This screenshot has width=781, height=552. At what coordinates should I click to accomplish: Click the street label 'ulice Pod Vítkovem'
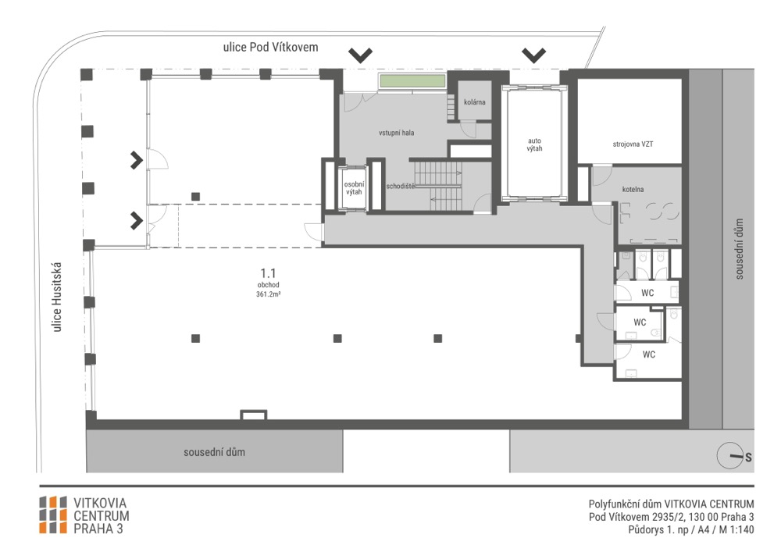(270, 48)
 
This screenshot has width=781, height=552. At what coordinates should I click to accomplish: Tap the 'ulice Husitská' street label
(57, 297)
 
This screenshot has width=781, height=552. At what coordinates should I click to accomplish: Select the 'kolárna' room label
(474, 102)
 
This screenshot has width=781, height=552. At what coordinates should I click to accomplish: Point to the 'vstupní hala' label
(396, 133)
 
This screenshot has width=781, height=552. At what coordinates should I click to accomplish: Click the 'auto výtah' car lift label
(534, 144)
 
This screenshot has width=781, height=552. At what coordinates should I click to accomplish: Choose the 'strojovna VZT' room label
(633, 144)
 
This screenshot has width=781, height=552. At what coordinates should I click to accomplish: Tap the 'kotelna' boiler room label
(633, 189)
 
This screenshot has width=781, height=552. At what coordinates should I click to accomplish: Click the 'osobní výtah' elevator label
(354, 188)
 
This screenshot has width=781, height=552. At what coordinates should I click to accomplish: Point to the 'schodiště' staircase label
(401, 186)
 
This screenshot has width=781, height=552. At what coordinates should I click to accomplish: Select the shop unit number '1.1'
(268, 273)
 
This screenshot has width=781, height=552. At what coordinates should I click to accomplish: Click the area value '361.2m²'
(268, 294)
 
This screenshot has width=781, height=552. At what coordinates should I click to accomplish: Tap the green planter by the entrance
(412, 80)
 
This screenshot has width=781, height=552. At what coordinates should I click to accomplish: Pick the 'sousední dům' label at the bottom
(214, 452)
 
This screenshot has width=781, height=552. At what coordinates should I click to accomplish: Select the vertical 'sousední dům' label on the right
(739, 249)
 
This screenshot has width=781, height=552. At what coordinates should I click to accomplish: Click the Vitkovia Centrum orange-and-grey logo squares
(53, 515)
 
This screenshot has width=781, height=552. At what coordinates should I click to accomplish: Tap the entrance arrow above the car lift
(533, 55)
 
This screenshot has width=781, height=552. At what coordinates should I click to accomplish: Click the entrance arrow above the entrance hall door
(360, 55)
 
